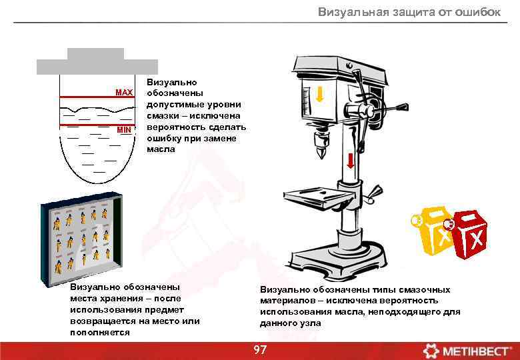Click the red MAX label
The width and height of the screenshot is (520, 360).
[x=124, y=92]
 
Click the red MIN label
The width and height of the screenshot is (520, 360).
[x=124, y=130]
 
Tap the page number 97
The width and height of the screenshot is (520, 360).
[x=260, y=350]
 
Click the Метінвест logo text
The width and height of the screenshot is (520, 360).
[x=475, y=351]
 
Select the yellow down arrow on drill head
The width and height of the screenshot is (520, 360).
[x=320, y=95]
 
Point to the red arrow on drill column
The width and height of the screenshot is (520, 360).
[x=351, y=161]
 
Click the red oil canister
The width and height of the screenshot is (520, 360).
[x=469, y=235]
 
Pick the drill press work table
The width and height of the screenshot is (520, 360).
[x=318, y=197]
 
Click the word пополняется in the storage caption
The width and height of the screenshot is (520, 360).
[x=100, y=333]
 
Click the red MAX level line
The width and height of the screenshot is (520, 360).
[x=97, y=97]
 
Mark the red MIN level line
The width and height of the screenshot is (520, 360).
[x=97, y=125]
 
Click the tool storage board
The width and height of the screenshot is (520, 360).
[x=81, y=239]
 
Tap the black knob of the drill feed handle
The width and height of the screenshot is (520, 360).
[x=403, y=107]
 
